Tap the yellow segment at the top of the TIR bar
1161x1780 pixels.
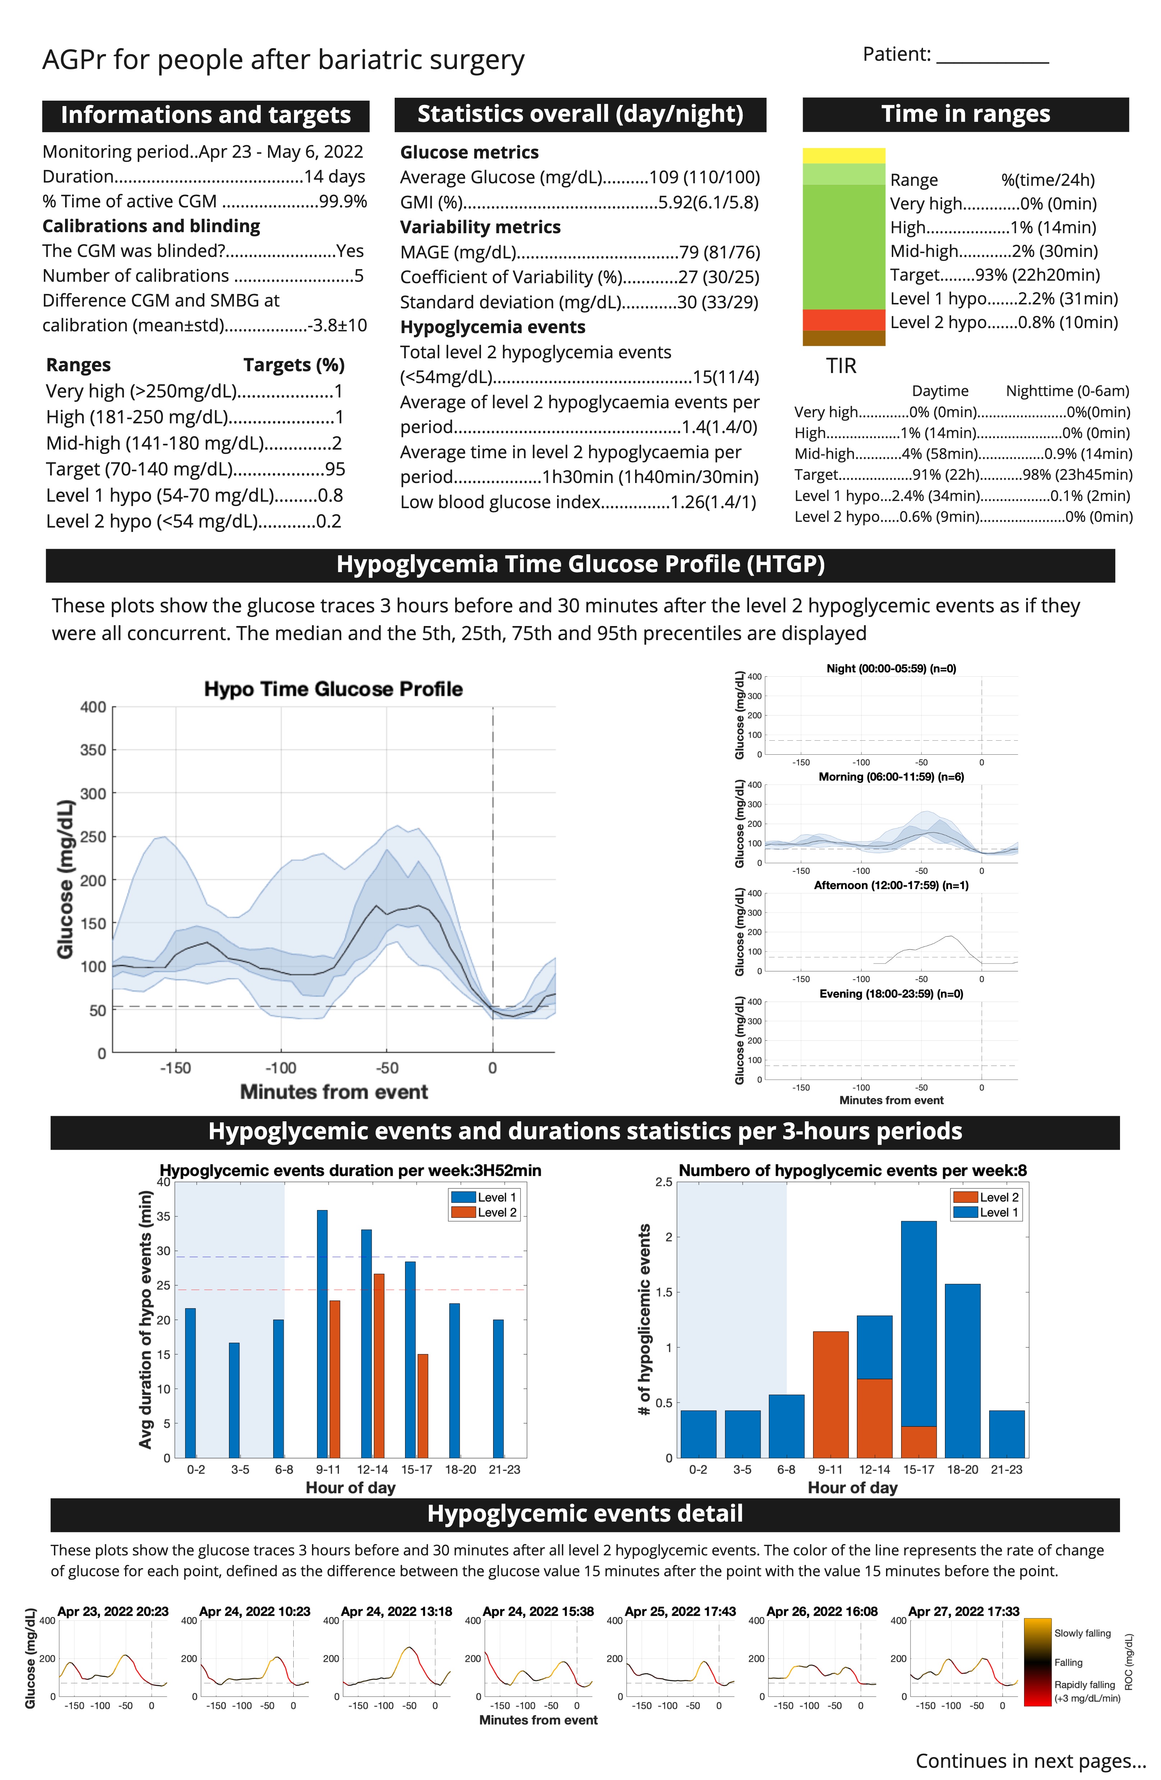pos(844,156)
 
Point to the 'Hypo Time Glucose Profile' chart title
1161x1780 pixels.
pos(334,689)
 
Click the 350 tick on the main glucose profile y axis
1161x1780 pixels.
pos(93,750)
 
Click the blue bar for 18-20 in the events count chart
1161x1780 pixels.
pos(963,1371)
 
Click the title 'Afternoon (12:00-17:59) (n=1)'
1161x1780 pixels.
pos(891,886)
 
